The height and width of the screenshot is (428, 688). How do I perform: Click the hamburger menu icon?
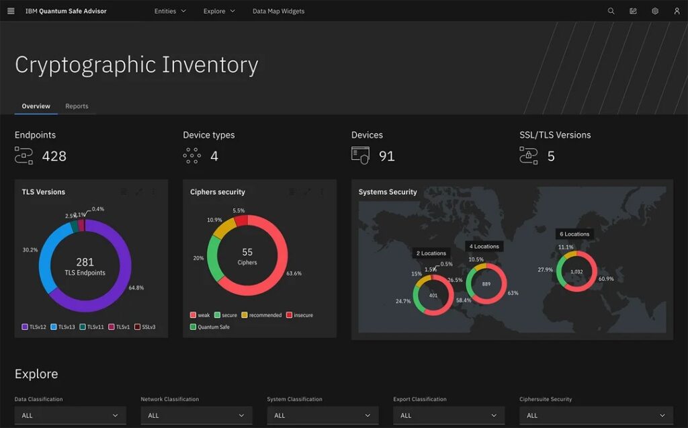tap(11, 11)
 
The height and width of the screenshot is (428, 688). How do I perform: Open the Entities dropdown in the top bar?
tap(169, 11)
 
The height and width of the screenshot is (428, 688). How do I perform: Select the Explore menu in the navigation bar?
tap(219, 11)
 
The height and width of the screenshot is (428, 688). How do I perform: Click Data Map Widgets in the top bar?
tap(278, 11)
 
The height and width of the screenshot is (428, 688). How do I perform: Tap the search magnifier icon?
tap(611, 11)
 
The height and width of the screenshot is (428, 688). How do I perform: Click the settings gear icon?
tap(654, 11)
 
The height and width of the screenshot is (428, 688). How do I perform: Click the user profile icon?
tap(677, 11)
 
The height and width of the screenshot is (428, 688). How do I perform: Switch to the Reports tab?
tap(77, 106)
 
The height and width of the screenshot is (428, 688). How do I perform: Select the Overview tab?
tap(36, 106)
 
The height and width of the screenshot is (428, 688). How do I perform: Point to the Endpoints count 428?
tap(54, 157)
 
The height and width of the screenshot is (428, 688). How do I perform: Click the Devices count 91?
tap(386, 157)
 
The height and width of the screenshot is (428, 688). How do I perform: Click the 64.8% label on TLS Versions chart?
tap(136, 288)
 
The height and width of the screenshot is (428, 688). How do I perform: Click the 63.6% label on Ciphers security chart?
tap(294, 273)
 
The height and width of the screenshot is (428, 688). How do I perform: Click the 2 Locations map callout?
tap(431, 253)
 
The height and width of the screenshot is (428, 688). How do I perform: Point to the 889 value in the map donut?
tap(486, 284)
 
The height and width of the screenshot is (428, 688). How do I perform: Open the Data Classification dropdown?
tap(70, 415)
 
